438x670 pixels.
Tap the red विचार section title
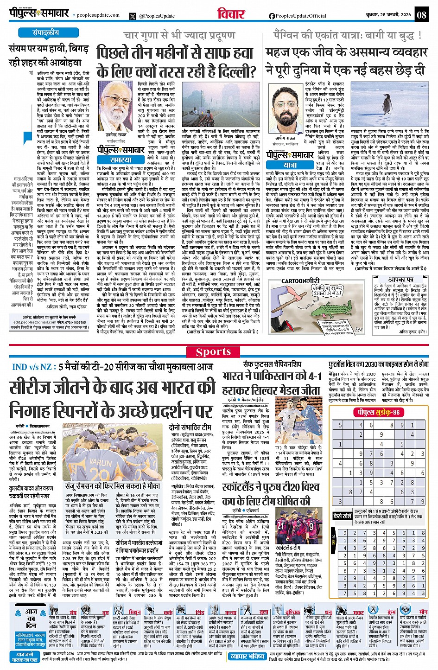(230, 14)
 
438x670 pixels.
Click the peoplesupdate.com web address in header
(98, 15)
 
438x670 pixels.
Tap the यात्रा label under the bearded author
(290, 165)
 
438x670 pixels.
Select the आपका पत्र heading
(401, 280)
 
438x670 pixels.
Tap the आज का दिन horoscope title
(31, 619)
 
